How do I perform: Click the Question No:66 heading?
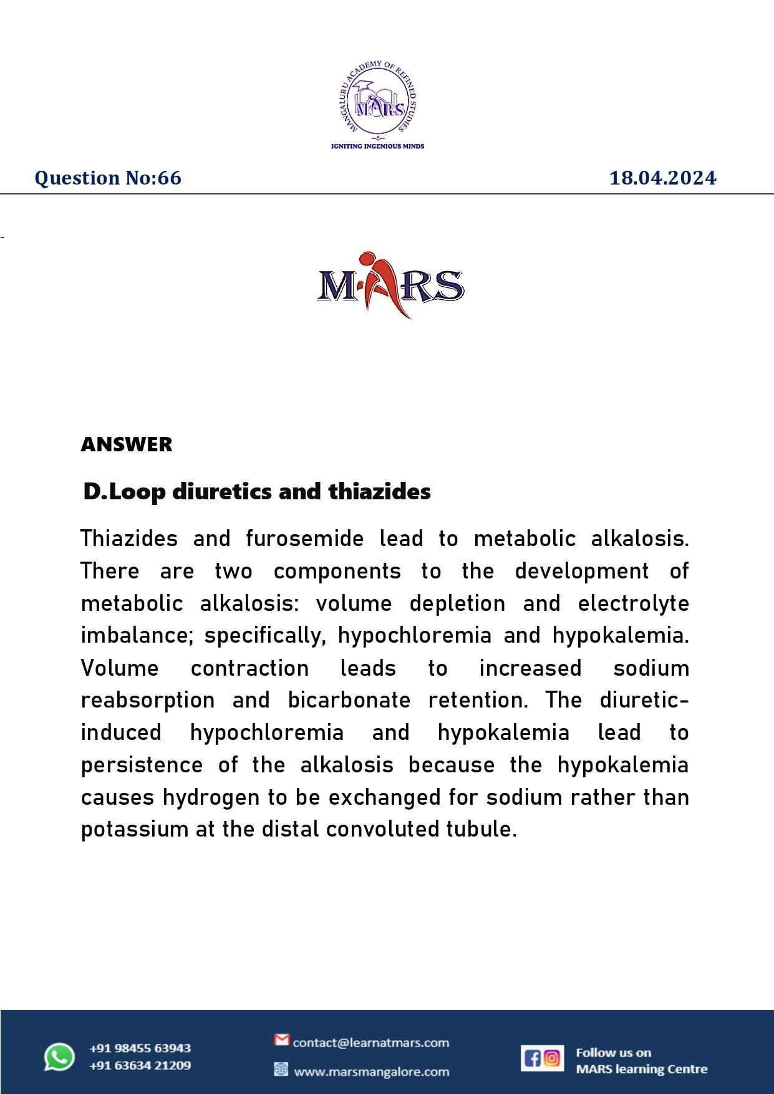pos(108,178)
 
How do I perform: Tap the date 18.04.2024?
pos(662,178)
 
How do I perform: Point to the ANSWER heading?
pos(127,444)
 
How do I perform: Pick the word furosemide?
pos(304,539)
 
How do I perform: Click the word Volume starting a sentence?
pos(120,668)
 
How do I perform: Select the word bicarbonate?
pos(349,701)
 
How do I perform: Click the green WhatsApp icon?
pos(59,1057)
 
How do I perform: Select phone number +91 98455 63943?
pos(140,1048)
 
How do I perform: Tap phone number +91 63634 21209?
pos(140,1065)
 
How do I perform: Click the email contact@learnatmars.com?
pos(370,1043)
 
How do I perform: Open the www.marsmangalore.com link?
pos(371,1072)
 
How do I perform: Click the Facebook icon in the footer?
pos(532,1058)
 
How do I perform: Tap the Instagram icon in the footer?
pos(552,1058)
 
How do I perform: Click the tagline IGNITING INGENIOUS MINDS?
pos(377,146)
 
